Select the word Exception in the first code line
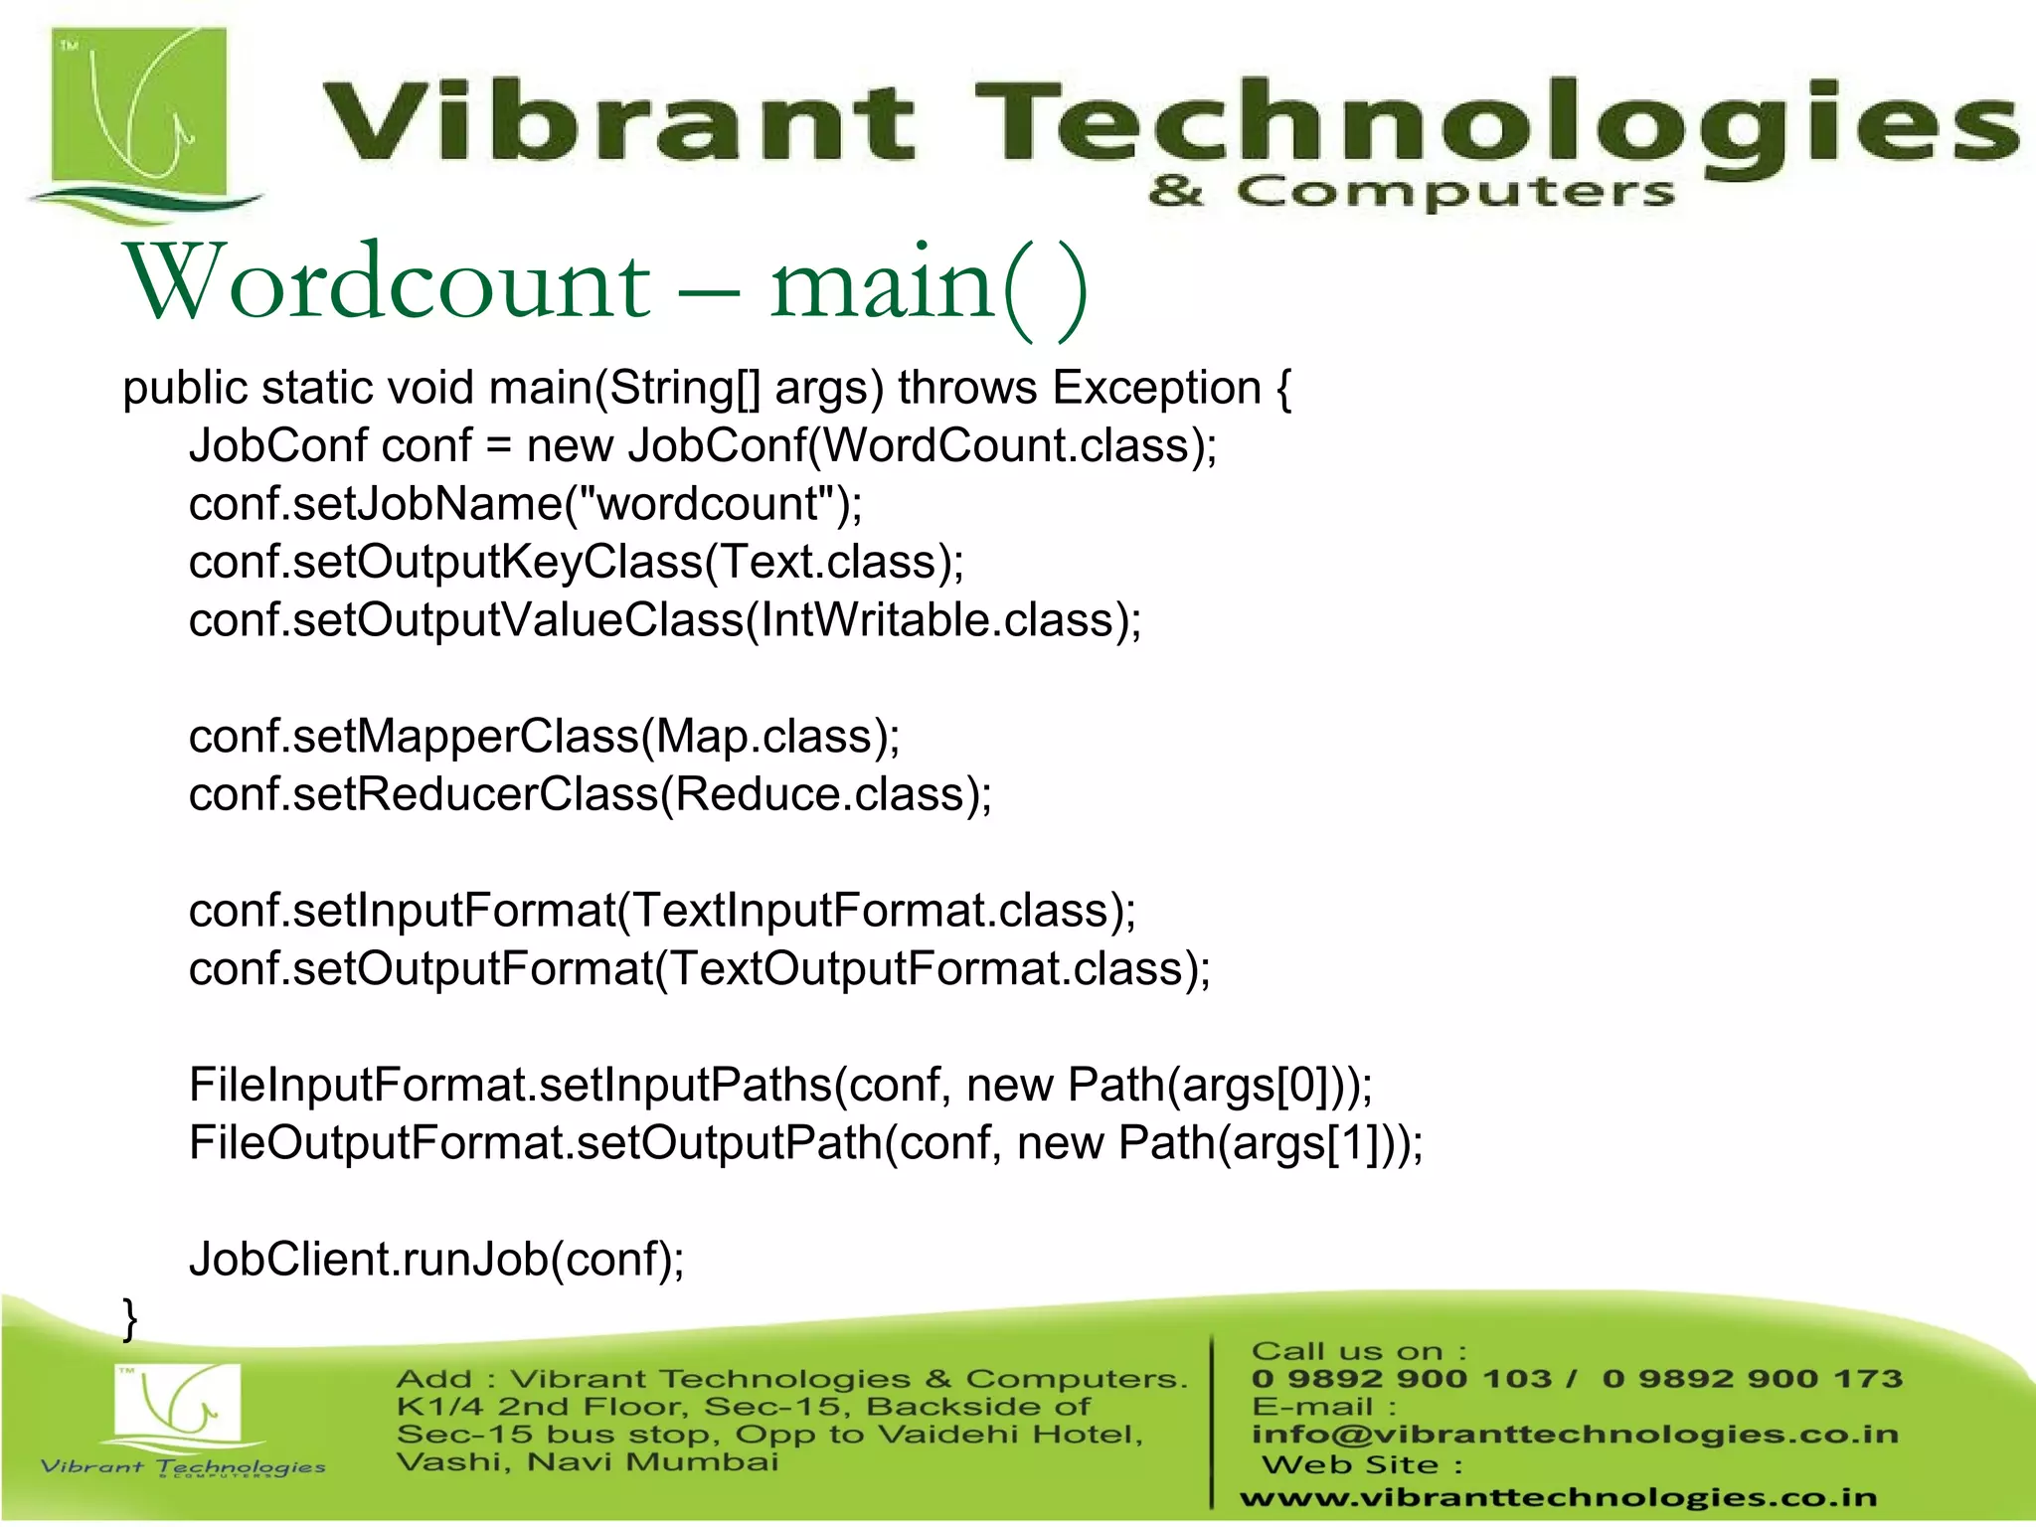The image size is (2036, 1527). [1156, 388]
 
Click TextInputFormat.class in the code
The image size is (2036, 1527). [870, 911]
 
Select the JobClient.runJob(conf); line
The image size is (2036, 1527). [436, 1260]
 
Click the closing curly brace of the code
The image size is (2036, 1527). [130, 1318]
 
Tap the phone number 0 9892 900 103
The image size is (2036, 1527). [1400, 1379]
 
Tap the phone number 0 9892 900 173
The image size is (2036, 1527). [1752, 1379]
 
